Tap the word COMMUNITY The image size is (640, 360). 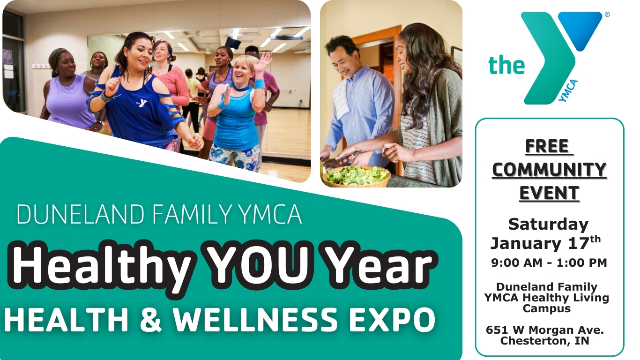click(549, 170)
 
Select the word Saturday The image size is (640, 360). click(548, 224)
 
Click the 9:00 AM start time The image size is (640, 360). click(517, 263)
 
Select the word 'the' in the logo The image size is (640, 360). click(506, 65)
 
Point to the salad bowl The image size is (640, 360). click(356, 176)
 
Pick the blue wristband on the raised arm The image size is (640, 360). click(260, 84)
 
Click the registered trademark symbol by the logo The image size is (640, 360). click(607, 15)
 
